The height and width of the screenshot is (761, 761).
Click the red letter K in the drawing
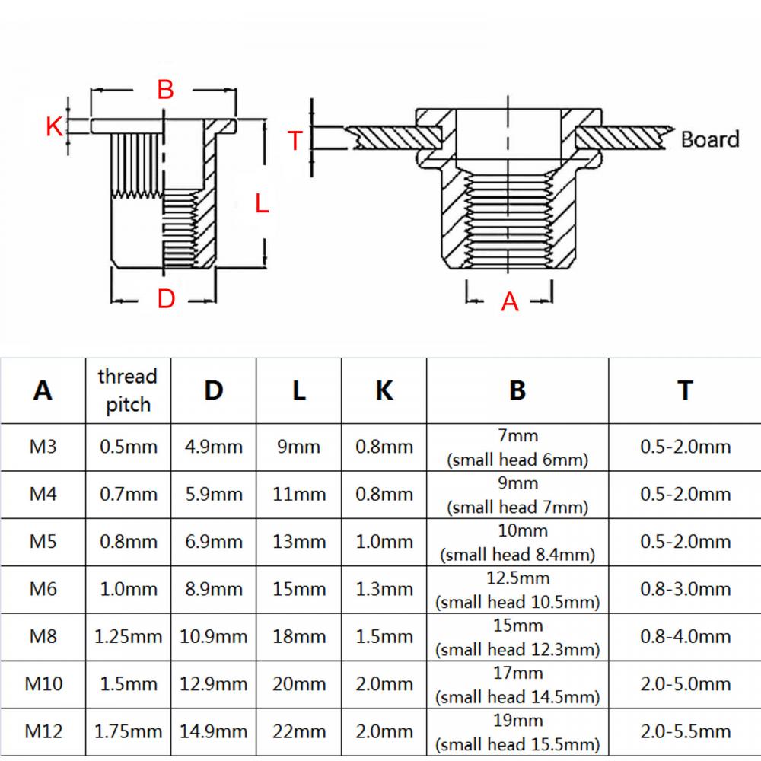pyautogui.click(x=54, y=126)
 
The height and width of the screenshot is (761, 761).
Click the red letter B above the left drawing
pyautogui.click(x=165, y=90)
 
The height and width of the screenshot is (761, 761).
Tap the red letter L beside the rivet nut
pyautogui.click(x=261, y=203)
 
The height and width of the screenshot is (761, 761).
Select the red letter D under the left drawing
pyautogui.click(x=166, y=299)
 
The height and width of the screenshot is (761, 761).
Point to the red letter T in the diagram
pyautogui.click(x=295, y=140)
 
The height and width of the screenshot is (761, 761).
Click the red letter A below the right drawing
pyautogui.click(x=510, y=302)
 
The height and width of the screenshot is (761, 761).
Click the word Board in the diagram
pyautogui.click(x=709, y=139)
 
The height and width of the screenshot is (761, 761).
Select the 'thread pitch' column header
pyautogui.click(x=128, y=390)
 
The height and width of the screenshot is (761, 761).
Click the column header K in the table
pyautogui.click(x=384, y=390)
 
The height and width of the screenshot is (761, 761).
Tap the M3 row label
pyautogui.click(x=43, y=447)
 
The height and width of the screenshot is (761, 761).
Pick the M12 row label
pyautogui.click(x=43, y=731)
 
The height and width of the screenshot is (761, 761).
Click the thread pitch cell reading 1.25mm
pyautogui.click(x=128, y=636)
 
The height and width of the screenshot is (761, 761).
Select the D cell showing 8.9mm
pyautogui.click(x=214, y=589)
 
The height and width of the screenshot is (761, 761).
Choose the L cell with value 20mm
pyautogui.click(x=299, y=684)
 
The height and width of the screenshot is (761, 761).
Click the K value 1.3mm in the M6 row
pyautogui.click(x=384, y=589)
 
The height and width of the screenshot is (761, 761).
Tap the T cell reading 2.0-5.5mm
pyautogui.click(x=685, y=731)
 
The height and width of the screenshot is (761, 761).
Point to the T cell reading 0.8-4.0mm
pyautogui.click(x=685, y=636)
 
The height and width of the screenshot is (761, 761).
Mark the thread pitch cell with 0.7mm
pyautogui.click(x=128, y=494)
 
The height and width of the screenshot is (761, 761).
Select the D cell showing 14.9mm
pyautogui.click(x=214, y=731)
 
